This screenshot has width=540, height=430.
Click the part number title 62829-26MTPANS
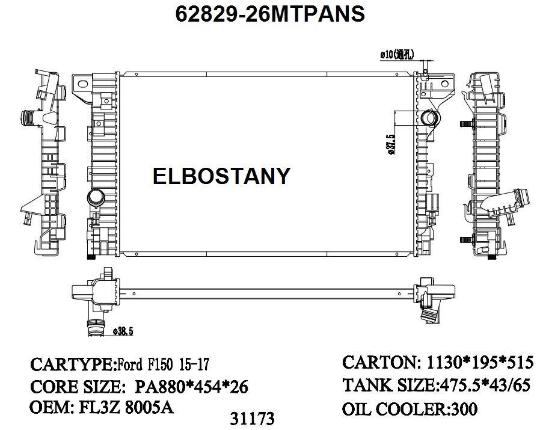coord(270,13)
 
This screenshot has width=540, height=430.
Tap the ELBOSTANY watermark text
coord(221,176)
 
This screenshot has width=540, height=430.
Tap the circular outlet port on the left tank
coord(95,197)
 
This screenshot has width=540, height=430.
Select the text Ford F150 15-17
coord(163,364)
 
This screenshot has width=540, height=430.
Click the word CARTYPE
coord(71,364)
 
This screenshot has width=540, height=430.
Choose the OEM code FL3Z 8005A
coord(126,407)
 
